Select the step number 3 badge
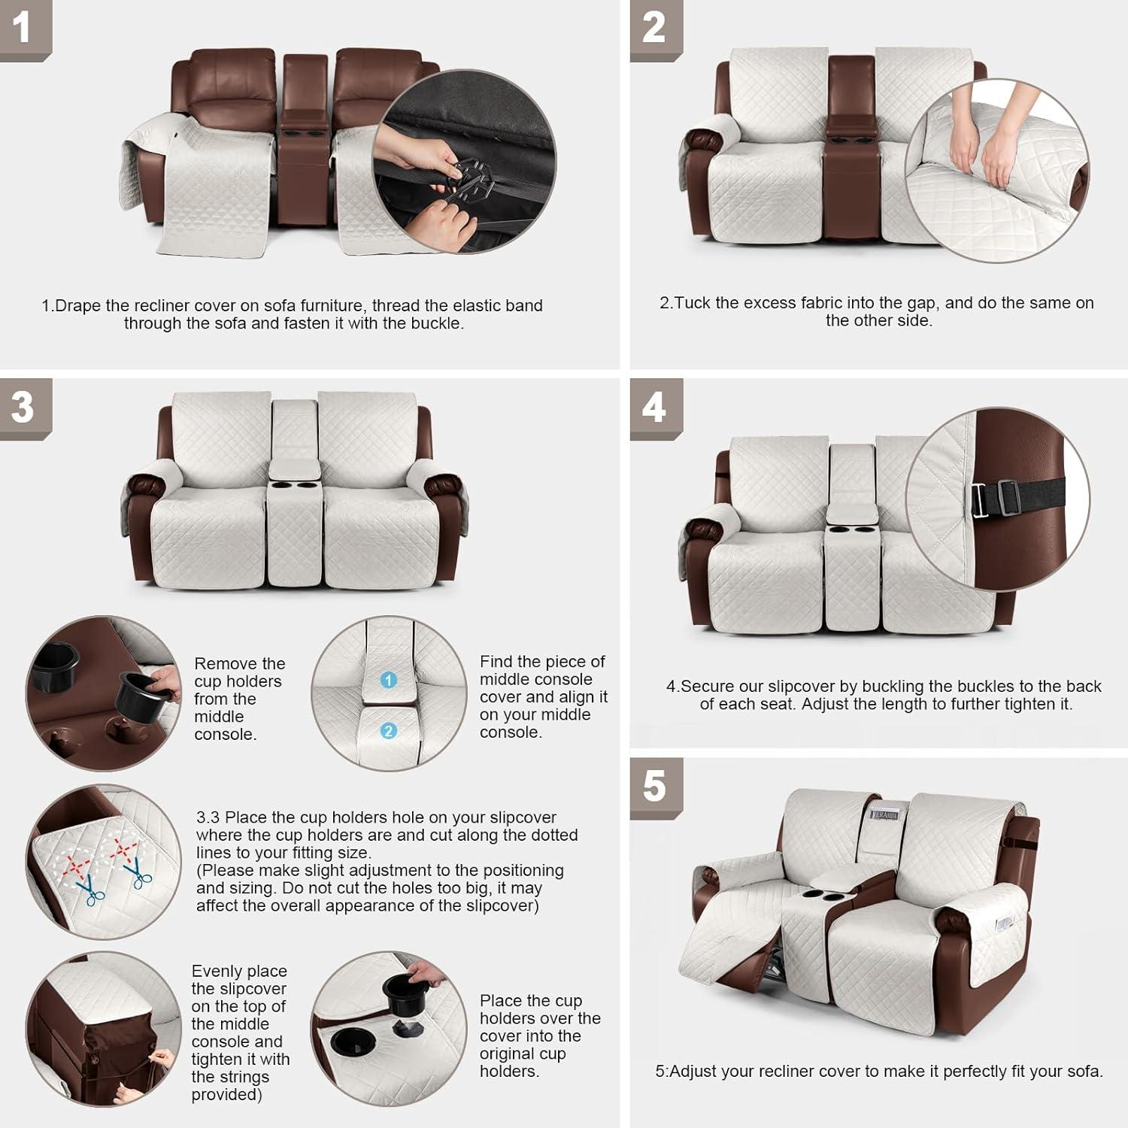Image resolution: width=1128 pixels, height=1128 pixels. coord(23,407)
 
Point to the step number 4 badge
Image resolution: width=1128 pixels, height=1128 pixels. coord(653,407)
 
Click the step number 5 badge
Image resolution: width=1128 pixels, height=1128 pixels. coord(654,786)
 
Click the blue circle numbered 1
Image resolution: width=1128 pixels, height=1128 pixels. coord(388,680)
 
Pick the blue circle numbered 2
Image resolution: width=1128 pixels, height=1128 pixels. coord(388,731)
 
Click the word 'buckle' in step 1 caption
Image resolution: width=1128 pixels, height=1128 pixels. coord(435,323)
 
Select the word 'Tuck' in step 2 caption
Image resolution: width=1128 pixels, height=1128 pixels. coord(693,303)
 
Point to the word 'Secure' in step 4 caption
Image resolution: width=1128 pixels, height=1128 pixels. coord(707,687)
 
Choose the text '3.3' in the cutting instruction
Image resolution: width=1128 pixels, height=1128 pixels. coord(208,817)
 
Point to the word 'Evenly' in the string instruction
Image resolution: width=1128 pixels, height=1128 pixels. coord(217,972)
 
